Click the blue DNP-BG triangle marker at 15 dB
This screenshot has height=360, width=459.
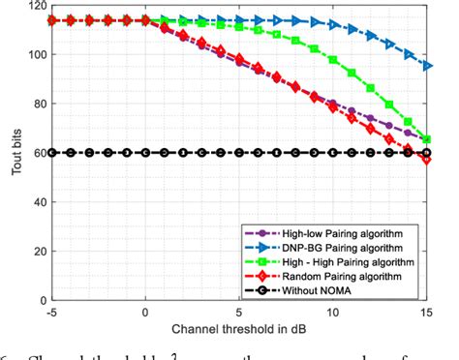coord(428,66)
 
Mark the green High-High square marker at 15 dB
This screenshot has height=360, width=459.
coord(428,139)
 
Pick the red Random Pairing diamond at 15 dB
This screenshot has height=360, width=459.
coord(428,159)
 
